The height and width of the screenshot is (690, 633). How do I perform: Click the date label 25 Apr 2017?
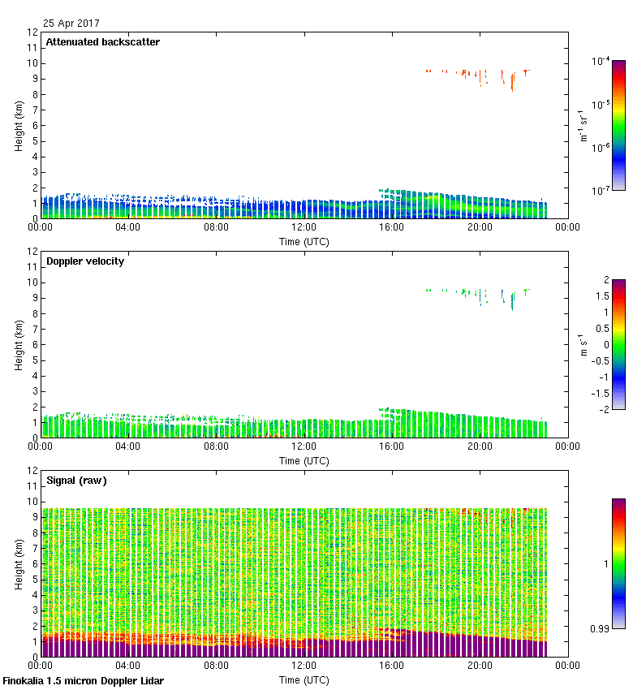pos(71,24)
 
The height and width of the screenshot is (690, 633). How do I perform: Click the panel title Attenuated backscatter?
pos(102,42)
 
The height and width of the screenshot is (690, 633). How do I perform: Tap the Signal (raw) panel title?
pos(76,481)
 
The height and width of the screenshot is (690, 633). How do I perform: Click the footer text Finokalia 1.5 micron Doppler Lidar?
pos(84,681)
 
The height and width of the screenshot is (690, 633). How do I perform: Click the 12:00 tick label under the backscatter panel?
pos(304,227)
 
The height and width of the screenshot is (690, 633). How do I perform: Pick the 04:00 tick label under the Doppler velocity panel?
pos(127,446)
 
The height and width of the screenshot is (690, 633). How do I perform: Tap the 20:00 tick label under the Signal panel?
pos(479,666)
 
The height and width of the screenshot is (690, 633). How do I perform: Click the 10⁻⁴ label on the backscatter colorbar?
pos(601,62)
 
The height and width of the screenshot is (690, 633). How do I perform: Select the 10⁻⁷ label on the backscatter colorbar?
pos(601,192)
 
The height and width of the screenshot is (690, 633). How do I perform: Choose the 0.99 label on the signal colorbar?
pos(601,627)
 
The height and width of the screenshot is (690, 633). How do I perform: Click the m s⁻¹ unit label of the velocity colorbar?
pos(583,345)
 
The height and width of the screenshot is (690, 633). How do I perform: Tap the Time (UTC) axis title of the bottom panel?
pos(304,680)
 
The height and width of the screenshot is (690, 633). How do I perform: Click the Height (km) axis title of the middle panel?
pos(18,345)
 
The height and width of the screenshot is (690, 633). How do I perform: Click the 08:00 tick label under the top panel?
pos(215,227)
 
